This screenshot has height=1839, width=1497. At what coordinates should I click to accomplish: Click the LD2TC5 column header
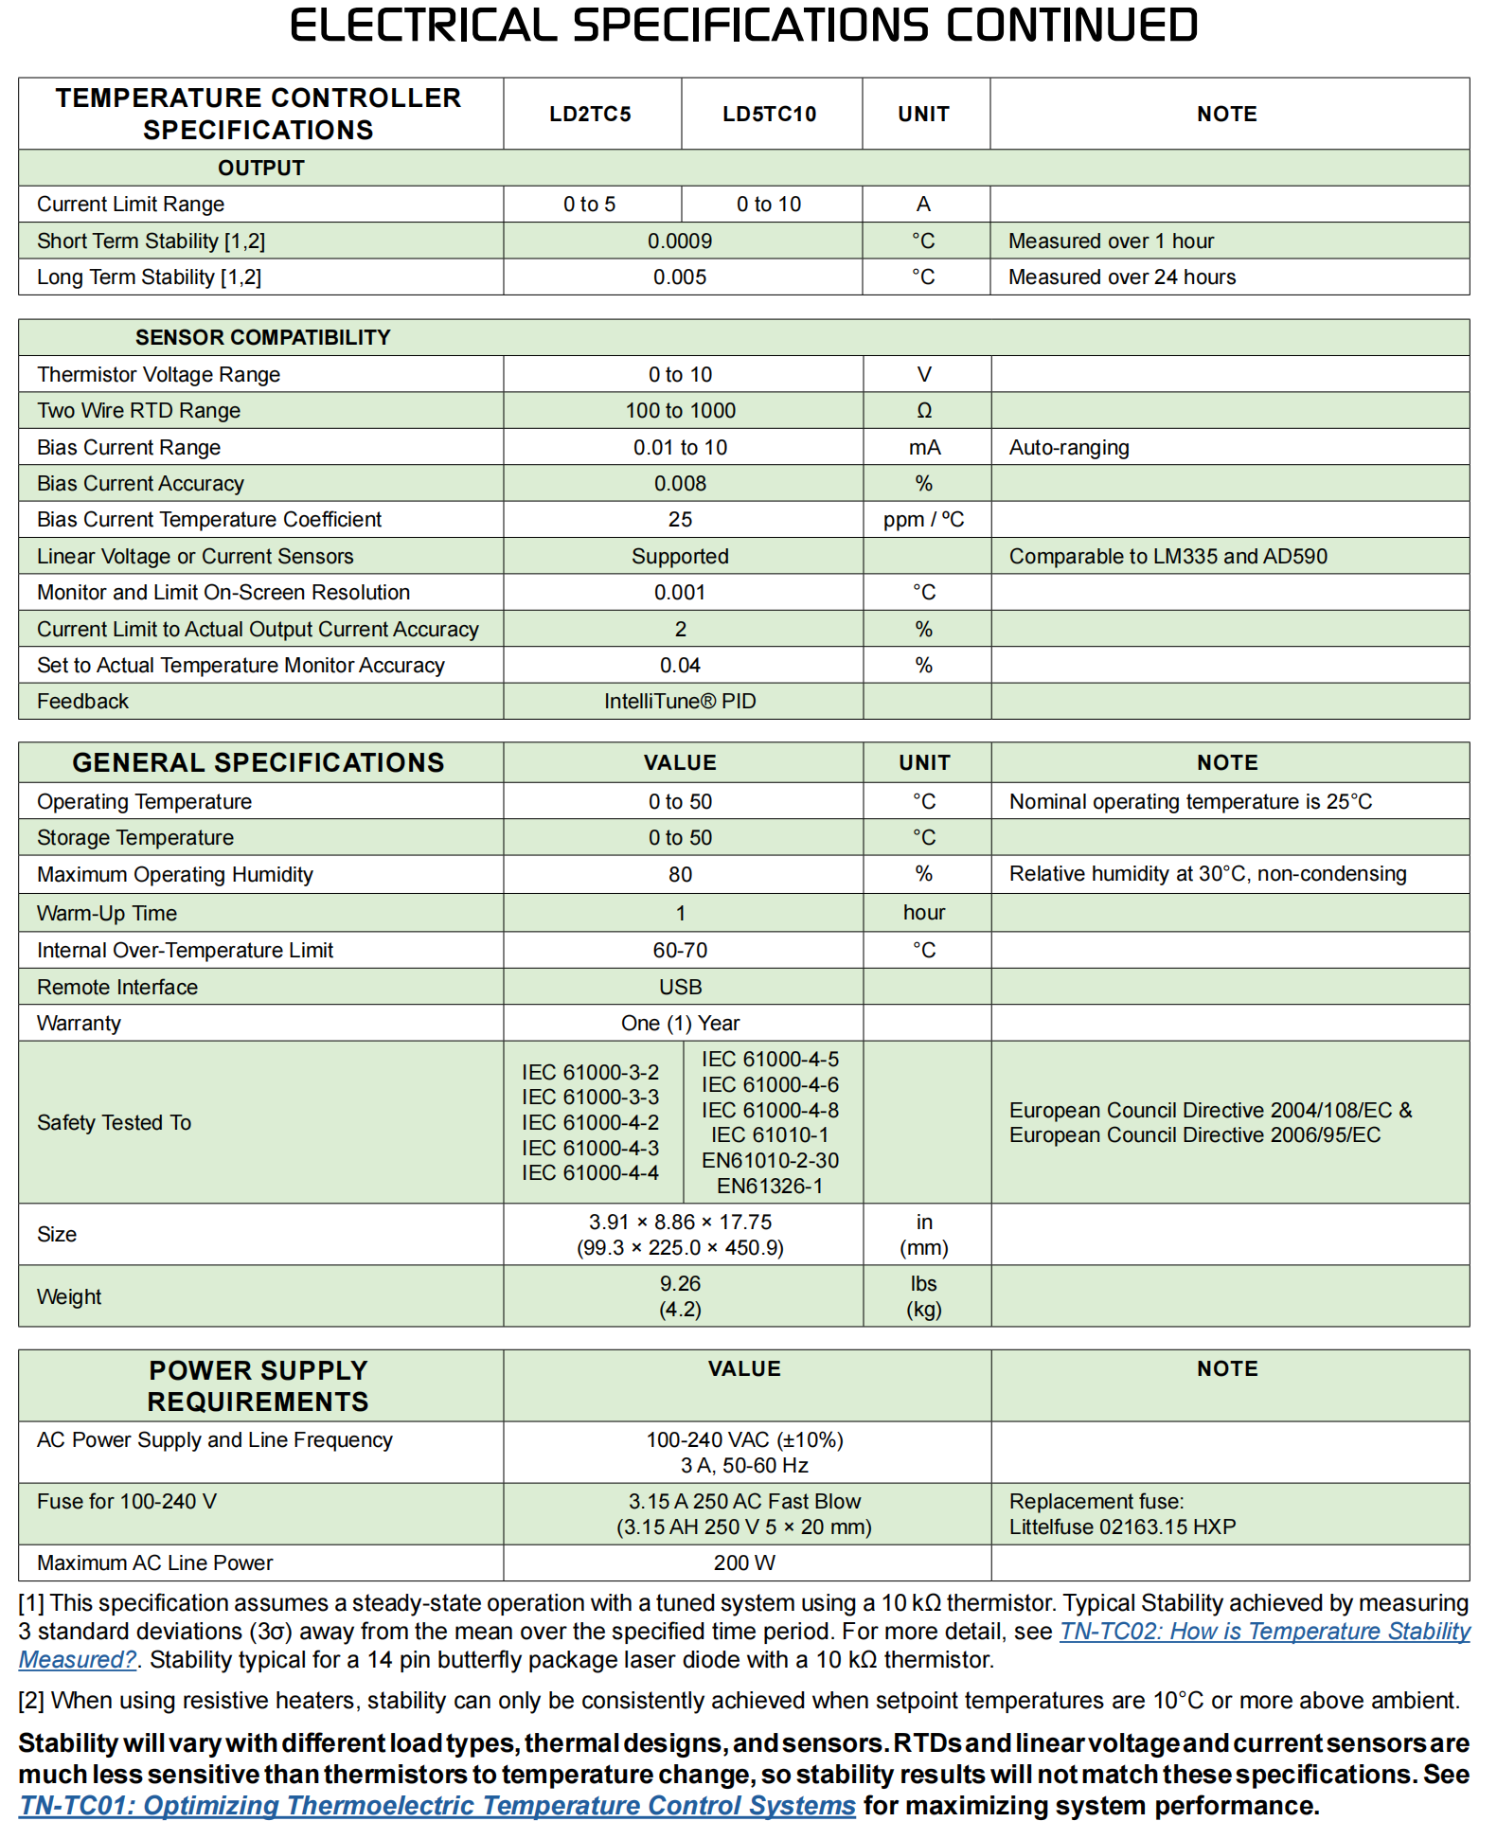click(x=590, y=115)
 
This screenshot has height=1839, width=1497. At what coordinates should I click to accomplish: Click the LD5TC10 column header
click(x=769, y=115)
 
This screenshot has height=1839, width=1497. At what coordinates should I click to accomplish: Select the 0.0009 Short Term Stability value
click(x=680, y=241)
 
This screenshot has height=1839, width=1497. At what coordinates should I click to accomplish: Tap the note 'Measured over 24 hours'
click(x=1121, y=277)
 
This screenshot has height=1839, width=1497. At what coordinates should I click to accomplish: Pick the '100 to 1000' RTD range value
click(x=680, y=411)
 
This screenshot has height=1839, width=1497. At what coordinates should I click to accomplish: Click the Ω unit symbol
click(x=924, y=411)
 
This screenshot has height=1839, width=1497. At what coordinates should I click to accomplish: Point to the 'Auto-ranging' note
click(x=1068, y=448)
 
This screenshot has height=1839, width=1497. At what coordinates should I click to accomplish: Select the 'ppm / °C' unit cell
click(x=923, y=520)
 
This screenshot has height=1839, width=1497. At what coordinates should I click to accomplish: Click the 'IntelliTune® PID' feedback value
click(x=680, y=702)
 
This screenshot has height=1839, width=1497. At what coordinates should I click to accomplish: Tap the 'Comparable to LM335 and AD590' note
click(x=1167, y=557)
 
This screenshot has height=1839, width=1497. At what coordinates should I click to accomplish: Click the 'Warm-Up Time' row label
click(x=107, y=914)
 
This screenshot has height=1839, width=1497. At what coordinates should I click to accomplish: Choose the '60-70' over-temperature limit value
click(x=680, y=951)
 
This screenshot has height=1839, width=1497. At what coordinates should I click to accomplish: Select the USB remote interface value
click(x=680, y=988)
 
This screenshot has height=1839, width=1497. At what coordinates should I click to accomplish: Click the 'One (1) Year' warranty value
click(x=680, y=1024)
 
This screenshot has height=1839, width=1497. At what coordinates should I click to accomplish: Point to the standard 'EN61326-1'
click(x=769, y=1187)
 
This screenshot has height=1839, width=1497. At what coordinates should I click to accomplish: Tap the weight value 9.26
click(x=680, y=1284)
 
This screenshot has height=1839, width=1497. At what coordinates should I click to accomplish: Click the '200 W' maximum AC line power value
click(x=744, y=1563)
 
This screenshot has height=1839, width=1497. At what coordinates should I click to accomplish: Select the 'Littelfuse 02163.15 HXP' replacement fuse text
click(x=1122, y=1527)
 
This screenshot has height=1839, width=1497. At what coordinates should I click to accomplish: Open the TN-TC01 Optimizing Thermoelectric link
click(x=437, y=1806)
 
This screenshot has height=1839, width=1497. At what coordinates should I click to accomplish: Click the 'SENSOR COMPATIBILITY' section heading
click(x=262, y=338)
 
